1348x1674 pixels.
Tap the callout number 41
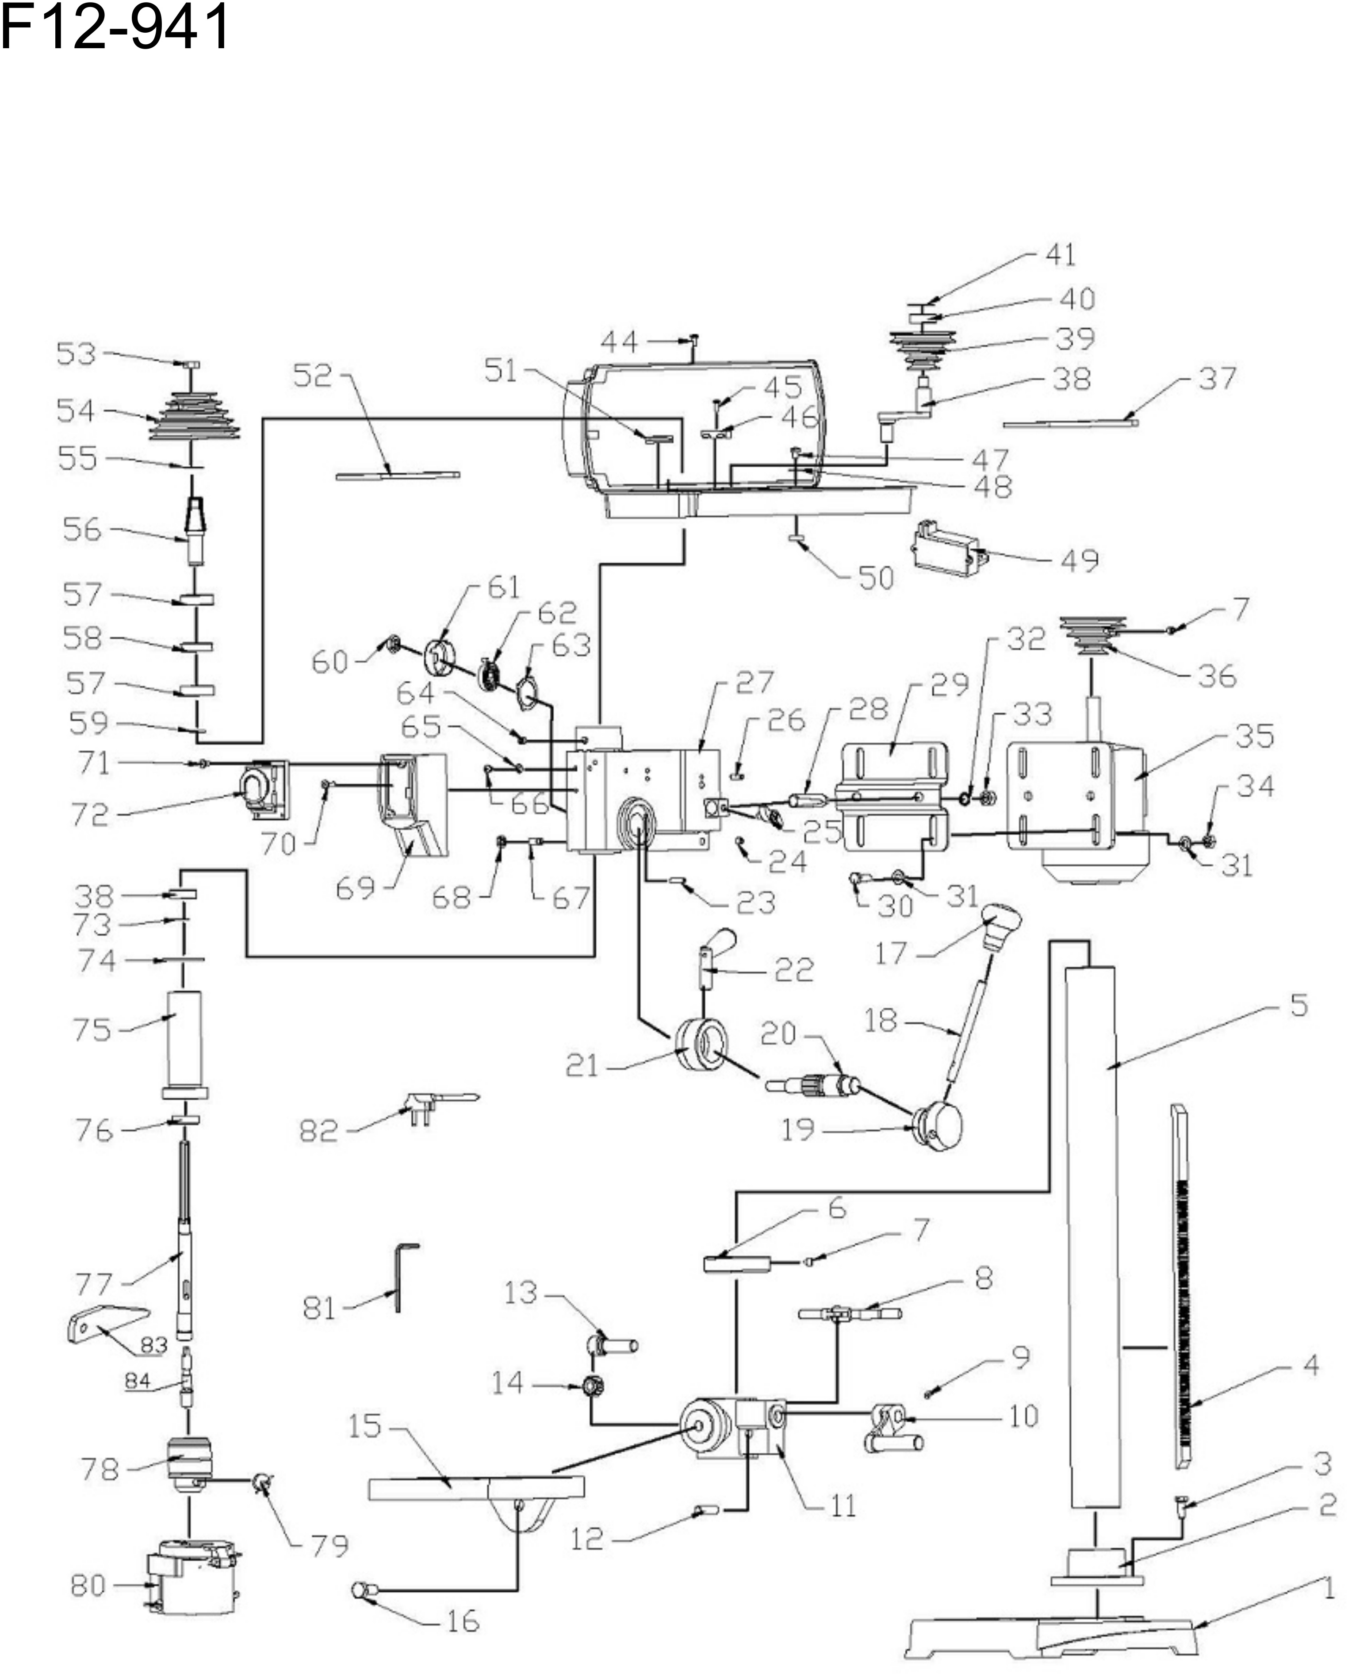(1061, 255)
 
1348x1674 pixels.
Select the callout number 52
(312, 376)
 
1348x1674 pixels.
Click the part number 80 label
(88, 1585)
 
